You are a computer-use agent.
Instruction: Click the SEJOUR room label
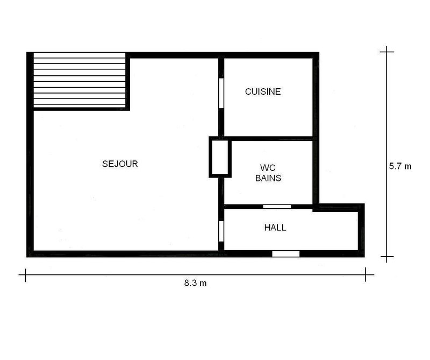click(120, 164)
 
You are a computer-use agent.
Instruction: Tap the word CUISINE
click(263, 91)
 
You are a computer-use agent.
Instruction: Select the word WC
click(267, 167)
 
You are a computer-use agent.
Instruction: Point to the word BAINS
click(268, 178)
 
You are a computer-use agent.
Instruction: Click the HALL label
click(275, 228)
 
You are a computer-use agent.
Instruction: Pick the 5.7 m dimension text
click(400, 166)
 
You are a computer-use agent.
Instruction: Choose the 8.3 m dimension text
click(195, 284)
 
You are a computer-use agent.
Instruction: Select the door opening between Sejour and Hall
click(220, 230)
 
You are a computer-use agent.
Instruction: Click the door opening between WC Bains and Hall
click(277, 207)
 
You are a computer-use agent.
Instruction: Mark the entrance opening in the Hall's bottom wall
click(285, 253)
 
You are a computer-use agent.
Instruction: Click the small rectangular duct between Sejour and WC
click(219, 158)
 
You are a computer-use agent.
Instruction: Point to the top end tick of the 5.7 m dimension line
click(386, 52)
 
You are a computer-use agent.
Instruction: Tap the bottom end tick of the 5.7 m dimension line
click(386, 258)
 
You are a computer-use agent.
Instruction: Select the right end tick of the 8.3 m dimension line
click(368, 276)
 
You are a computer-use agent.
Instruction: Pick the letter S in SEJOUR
click(104, 164)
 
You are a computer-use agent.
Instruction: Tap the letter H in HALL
click(267, 228)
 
